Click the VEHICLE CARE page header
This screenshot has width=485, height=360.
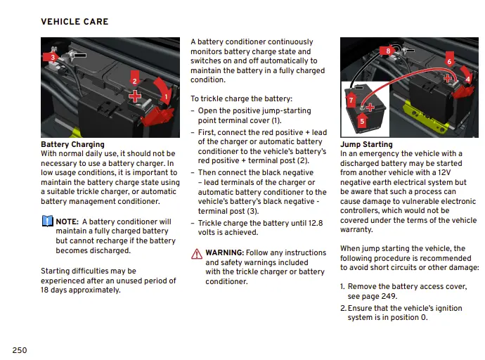pos(75,22)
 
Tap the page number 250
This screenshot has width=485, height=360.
pos(20,350)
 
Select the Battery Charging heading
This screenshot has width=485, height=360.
pos(72,145)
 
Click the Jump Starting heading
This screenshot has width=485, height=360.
pos(366,145)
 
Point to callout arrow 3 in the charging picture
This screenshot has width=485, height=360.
pos(51,56)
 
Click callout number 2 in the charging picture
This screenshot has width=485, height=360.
pos(134,81)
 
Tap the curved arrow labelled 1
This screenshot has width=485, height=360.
pos(166,96)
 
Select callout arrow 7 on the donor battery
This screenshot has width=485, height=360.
pos(351,101)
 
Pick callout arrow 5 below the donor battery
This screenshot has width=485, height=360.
pos(362,121)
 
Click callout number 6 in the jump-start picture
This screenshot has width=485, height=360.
pos(449,61)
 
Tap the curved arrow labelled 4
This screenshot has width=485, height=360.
pos(467,79)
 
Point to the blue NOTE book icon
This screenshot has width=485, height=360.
pos(47,221)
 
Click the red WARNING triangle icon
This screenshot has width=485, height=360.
pos(197,253)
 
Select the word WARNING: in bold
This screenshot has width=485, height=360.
pos(225,252)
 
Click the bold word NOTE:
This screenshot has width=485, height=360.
pos(67,221)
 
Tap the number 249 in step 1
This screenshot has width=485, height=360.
pos(389,297)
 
